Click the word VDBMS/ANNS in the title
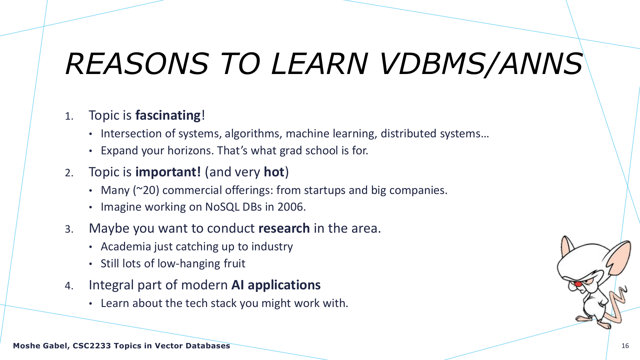click(x=481, y=64)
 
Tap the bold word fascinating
click(x=168, y=116)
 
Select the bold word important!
click(x=168, y=172)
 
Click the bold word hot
click(x=274, y=172)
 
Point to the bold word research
click(x=284, y=229)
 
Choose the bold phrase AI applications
click(x=276, y=285)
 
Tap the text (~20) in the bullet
click(x=146, y=190)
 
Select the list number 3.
click(x=69, y=229)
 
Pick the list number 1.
click(x=69, y=116)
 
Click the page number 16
click(x=625, y=346)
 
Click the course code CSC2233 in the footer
click(x=92, y=346)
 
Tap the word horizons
click(x=190, y=151)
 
